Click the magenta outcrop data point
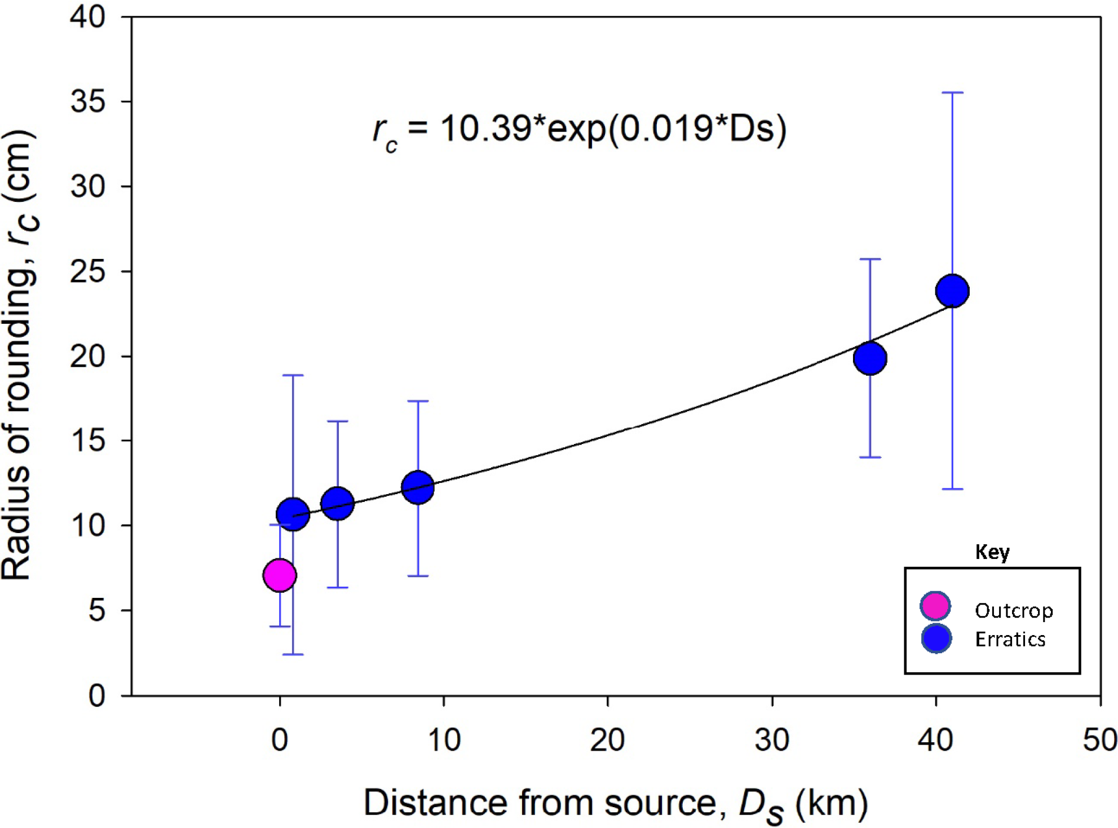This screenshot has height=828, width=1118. click(x=280, y=575)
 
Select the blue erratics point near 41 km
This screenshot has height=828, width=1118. click(x=952, y=291)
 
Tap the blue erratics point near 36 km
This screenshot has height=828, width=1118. click(x=870, y=358)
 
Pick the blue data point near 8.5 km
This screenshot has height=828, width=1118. click(x=418, y=487)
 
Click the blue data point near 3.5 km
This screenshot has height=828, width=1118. click(x=337, y=504)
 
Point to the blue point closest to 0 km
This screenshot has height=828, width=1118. click(x=293, y=514)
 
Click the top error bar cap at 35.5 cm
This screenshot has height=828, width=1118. click(x=952, y=93)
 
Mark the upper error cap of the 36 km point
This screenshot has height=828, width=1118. click(x=870, y=259)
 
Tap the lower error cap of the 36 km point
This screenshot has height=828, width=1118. click(x=870, y=457)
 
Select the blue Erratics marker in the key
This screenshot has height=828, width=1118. click(x=936, y=638)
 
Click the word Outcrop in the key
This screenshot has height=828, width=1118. click(x=1014, y=610)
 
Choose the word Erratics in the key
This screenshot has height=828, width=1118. click(x=1010, y=639)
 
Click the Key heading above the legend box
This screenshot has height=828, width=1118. click(x=992, y=552)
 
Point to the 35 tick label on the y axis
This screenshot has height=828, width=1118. click(x=87, y=102)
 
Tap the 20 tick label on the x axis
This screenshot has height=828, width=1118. click(x=607, y=739)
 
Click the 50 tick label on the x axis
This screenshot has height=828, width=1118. click(x=1099, y=739)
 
